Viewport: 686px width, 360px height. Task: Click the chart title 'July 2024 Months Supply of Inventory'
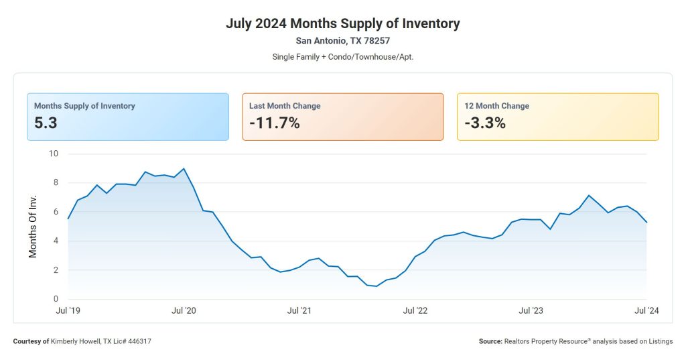[x=342, y=23]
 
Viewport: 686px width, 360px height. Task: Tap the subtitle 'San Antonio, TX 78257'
[x=342, y=41]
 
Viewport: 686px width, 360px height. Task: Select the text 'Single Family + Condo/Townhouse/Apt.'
[x=342, y=56]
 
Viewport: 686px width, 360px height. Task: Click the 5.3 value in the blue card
[x=46, y=123]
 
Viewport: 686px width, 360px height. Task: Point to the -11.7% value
[x=274, y=123]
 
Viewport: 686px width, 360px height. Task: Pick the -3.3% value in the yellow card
[x=484, y=123]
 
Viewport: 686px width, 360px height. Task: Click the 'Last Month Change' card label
[x=285, y=106]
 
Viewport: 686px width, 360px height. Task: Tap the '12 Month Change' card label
[x=496, y=106]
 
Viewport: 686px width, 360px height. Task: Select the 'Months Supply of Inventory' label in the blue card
[x=84, y=106]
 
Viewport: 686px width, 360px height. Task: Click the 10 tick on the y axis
[x=54, y=154]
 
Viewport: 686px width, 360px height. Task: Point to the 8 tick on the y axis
[x=56, y=182]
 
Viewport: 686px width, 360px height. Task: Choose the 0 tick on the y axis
[x=56, y=299]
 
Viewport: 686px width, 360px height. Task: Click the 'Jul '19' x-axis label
[x=68, y=310]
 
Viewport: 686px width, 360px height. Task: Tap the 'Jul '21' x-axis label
[x=299, y=310]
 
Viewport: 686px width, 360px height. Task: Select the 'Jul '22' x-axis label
[x=415, y=310]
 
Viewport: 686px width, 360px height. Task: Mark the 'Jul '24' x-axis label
[x=646, y=310]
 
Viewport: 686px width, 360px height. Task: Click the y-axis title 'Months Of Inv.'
[x=33, y=227]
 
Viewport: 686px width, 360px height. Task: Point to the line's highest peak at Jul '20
[x=184, y=169]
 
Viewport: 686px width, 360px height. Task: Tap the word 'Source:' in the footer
[x=490, y=341]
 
